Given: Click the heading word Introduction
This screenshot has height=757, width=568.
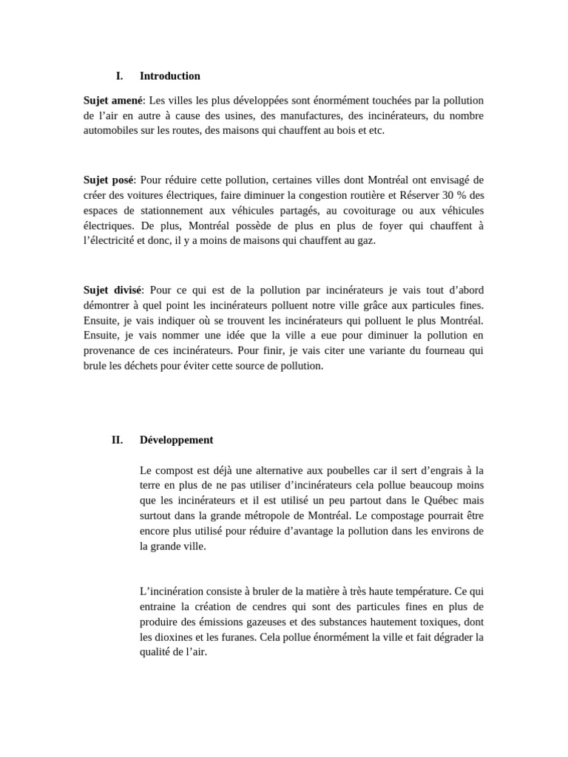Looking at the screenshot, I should tap(169, 75).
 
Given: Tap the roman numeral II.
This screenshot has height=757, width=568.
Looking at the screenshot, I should tap(117, 440).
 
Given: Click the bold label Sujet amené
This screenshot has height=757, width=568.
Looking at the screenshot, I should tap(113, 100).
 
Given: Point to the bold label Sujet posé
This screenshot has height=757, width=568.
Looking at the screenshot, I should tap(109, 180).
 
